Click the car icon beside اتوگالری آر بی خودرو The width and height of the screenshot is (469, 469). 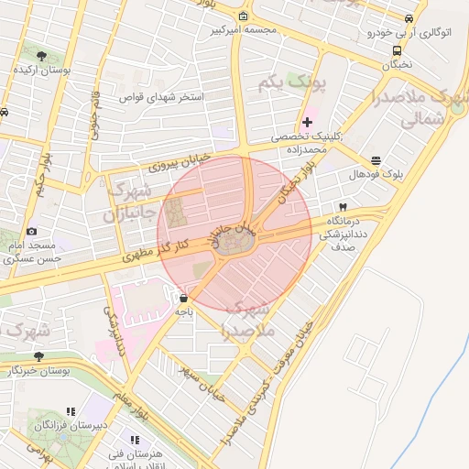click(x=409, y=18)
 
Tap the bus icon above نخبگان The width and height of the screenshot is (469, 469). click(x=397, y=51)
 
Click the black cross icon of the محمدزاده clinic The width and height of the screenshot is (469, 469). click(x=307, y=123)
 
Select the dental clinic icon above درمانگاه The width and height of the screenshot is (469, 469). click(x=343, y=207)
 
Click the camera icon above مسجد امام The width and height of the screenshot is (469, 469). click(x=32, y=232)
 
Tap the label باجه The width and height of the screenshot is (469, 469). click(x=184, y=311)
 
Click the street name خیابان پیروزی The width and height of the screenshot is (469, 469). click(x=179, y=163)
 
